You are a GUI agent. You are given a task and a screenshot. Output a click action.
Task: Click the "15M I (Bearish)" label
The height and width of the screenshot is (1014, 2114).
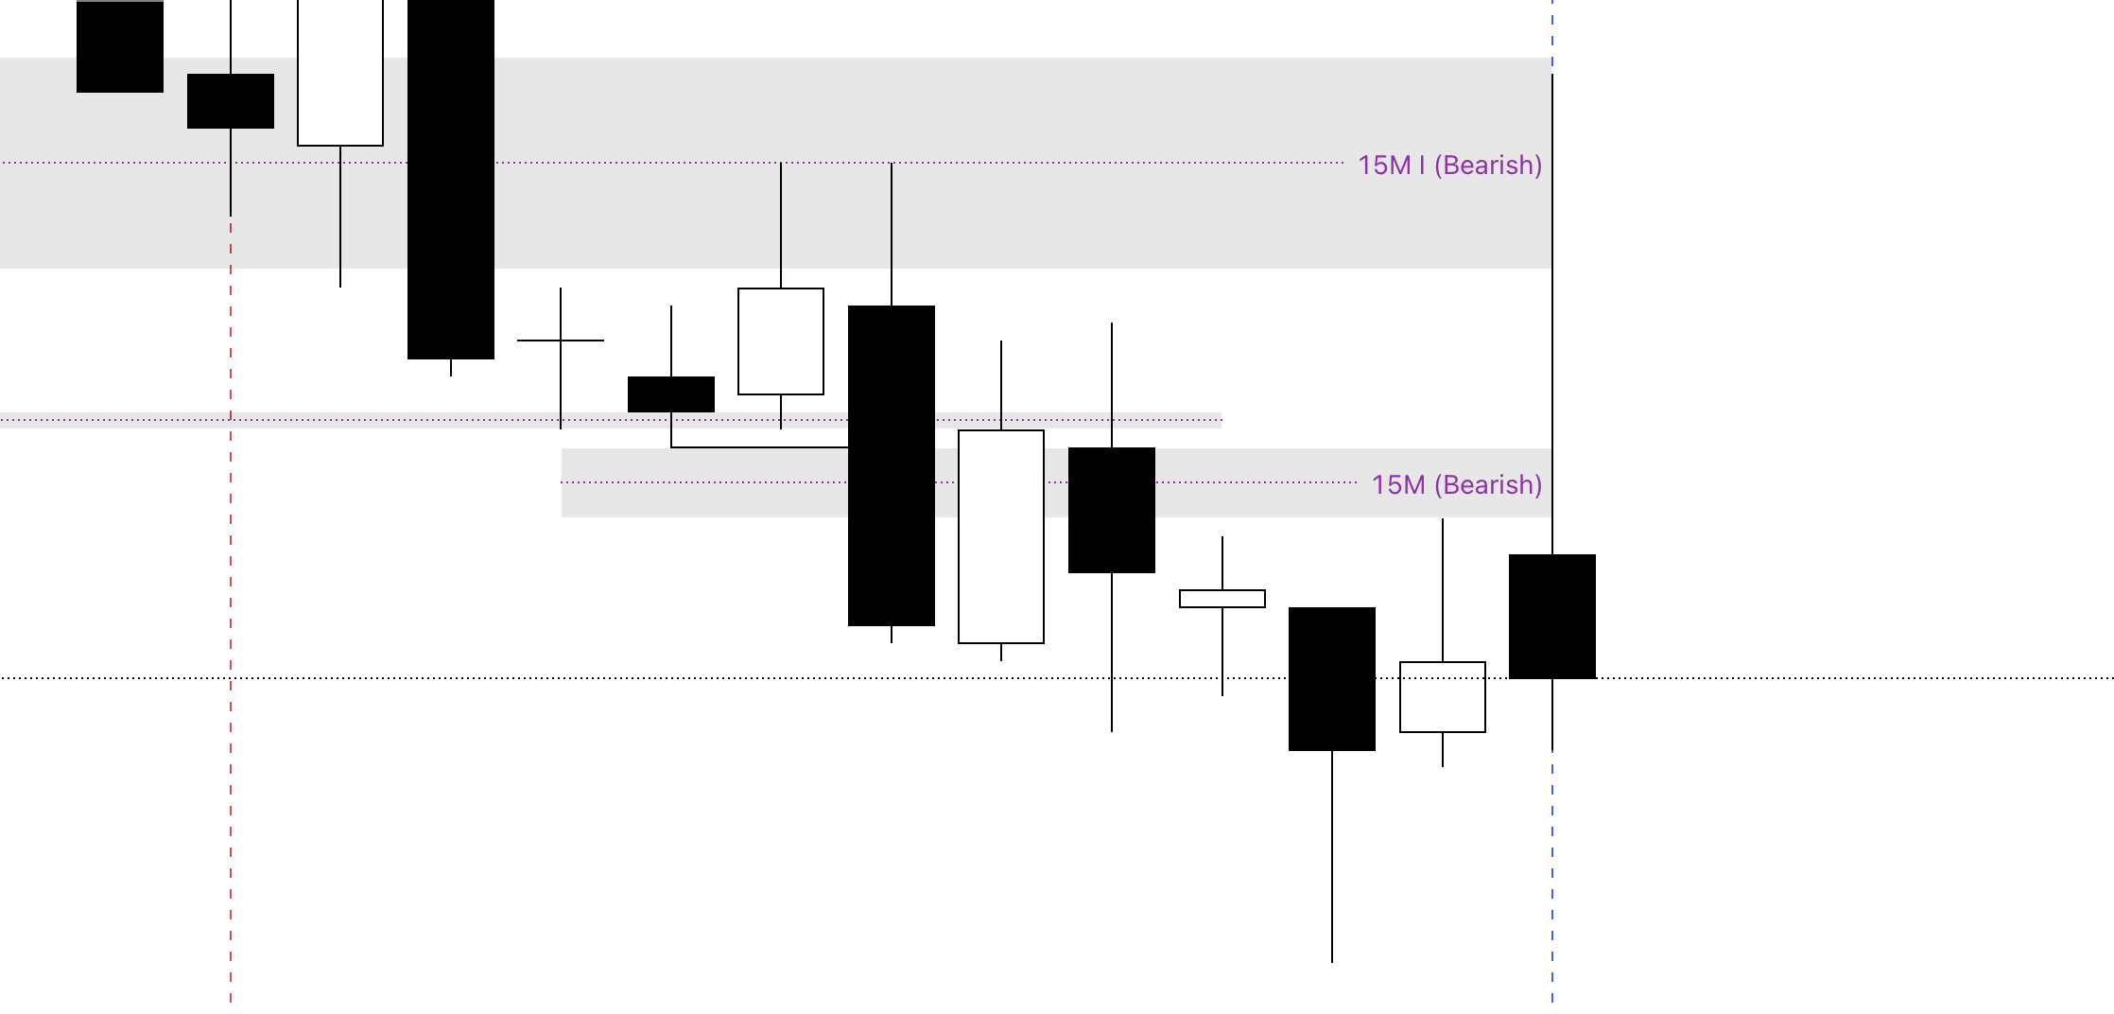[1449, 166]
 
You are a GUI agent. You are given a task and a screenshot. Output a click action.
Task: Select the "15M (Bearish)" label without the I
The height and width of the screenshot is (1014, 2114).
[1456, 485]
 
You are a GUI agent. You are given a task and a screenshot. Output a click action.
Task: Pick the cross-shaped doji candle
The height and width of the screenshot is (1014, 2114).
[561, 341]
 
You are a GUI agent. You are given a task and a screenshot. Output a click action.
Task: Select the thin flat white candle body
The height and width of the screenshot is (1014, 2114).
[1222, 599]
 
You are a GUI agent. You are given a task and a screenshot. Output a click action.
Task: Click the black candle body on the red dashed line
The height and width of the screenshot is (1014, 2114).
[231, 101]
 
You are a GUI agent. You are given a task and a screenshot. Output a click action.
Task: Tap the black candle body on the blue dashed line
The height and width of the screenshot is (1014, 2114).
[1552, 616]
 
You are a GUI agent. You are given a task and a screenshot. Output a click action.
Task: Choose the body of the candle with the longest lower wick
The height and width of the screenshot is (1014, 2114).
[1332, 678]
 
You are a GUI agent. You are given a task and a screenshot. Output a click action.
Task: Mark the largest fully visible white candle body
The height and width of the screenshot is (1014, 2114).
[1001, 536]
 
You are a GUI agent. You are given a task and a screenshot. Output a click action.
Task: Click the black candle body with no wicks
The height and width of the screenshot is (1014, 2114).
[120, 47]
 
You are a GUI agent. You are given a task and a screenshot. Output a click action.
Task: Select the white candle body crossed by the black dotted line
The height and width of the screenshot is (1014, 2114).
[1443, 697]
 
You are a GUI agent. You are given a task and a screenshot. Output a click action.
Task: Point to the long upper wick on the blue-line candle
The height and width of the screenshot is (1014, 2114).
[1552, 312]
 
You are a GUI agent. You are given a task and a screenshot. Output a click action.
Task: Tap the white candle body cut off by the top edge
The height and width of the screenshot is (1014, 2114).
[340, 73]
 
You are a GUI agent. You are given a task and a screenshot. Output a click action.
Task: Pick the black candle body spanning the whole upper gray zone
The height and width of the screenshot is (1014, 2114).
[451, 180]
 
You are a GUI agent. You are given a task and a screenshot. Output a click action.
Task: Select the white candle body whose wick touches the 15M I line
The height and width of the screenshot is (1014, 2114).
[781, 341]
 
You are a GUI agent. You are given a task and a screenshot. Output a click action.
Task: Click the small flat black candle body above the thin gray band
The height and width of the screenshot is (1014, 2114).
[671, 394]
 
